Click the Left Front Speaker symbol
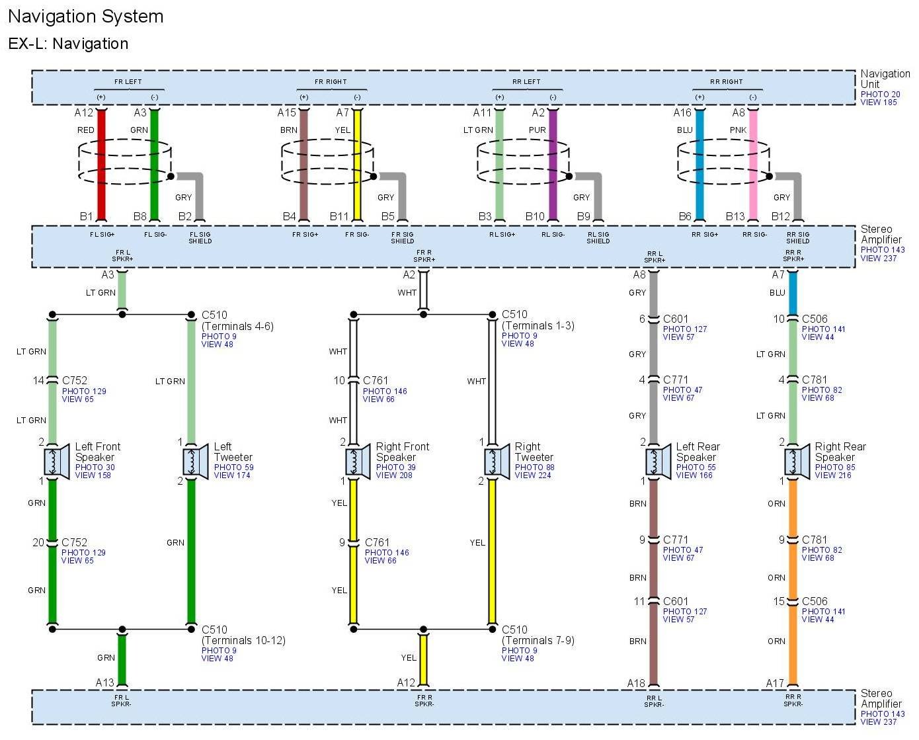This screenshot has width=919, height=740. tap(56, 462)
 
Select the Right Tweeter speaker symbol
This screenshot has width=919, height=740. tap(497, 462)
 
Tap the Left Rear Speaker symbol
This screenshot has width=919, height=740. tap(658, 462)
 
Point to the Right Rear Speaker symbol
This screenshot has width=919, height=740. tap(797, 462)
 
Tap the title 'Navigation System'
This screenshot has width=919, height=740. tap(85, 17)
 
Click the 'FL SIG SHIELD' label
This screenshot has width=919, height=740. tap(200, 237)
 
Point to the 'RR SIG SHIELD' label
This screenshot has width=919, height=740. tap(797, 237)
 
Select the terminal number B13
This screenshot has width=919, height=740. tap(735, 216)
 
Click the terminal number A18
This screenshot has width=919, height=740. tap(636, 683)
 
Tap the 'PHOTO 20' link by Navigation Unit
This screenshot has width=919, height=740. tap(880, 94)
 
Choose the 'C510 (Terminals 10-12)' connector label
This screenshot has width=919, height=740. tap(243, 635)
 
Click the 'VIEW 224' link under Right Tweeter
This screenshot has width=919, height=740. tap(532, 475)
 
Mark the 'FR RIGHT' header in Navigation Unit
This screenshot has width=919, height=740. tap(331, 82)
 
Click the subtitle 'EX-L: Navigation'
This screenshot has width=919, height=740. tap(68, 44)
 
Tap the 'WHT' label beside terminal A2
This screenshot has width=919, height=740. tap(407, 292)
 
